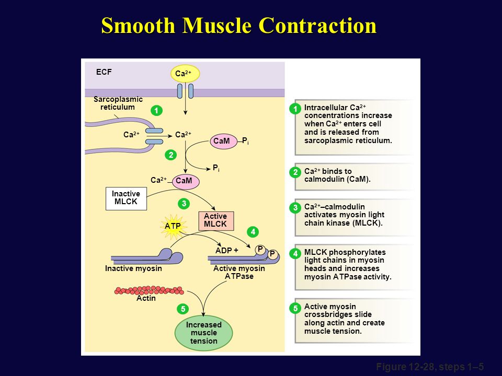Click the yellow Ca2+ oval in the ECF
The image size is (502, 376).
[x=185, y=74]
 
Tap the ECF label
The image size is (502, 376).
[x=104, y=72]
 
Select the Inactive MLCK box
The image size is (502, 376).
[x=126, y=198]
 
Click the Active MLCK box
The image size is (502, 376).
[x=216, y=220]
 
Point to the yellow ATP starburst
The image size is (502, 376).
[x=173, y=226]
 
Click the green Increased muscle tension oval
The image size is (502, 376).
[x=203, y=333]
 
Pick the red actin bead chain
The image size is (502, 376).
[x=149, y=290]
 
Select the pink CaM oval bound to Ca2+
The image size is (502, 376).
[x=186, y=181]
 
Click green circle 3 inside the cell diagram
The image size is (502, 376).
[x=184, y=203]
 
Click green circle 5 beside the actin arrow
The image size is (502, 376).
[x=183, y=309]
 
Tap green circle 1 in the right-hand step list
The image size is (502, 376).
[x=295, y=109]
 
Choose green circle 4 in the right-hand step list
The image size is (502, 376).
[x=295, y=254]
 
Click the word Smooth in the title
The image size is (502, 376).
[x=138, y=26]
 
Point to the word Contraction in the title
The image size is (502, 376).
[x=317, y=26]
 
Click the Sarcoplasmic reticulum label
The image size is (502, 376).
[x=118, y=103]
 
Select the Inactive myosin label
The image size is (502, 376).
[x=133, y=268]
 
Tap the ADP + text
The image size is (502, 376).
[x=226, y=250]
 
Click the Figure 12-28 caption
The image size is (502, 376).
[x=430, y=367]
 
